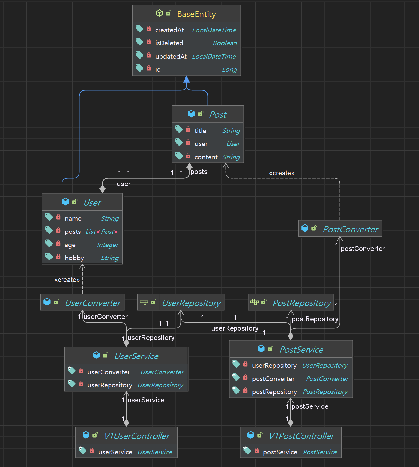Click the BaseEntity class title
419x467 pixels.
196,14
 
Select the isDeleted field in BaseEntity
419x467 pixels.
169,43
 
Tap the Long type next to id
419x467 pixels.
229,69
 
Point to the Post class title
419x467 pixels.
218,115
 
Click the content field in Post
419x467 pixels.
206,157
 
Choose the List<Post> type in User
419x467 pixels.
102,232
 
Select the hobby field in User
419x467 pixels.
74,258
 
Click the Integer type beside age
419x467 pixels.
108,245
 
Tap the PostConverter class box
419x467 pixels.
340,229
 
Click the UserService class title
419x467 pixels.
136,356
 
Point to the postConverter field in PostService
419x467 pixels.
273,379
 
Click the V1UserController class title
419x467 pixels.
136,436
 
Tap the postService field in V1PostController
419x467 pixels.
280,452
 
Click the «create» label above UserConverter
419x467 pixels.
67,280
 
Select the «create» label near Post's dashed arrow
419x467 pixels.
282,173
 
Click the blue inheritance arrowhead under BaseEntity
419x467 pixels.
186,79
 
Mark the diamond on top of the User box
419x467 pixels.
103,189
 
